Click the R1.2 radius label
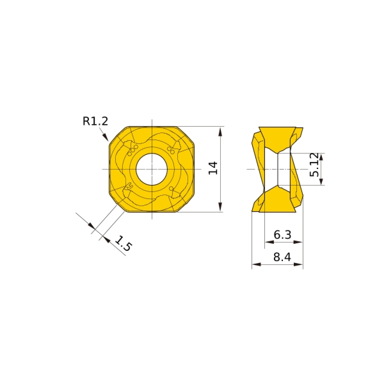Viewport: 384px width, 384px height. click(95, 121)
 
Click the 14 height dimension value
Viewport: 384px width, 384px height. click(212, 168)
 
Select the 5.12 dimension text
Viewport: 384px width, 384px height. click(314, 165)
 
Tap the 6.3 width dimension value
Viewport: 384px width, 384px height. click(282, 235)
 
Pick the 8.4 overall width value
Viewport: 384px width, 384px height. click(282, 257)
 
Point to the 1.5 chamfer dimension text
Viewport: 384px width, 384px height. click(123, 244)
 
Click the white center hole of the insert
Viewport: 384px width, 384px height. click(152, 169)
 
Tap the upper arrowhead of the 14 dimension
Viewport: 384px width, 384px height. click(220, 132)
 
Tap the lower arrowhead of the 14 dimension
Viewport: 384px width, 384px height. click(220, 207)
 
